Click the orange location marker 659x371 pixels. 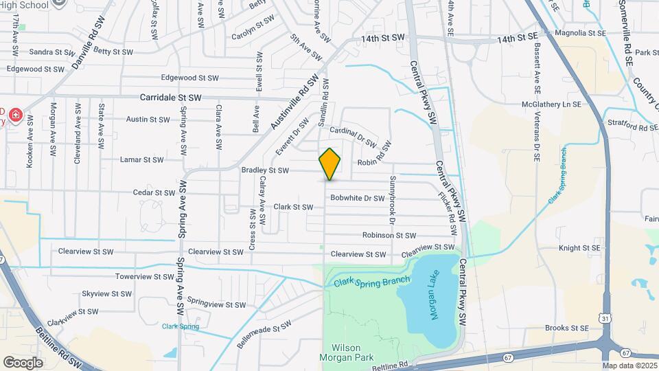coord(329,164)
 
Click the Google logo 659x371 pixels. coord(23,362)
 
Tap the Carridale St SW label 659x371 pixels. coord(171,98)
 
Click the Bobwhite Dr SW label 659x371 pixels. coord(357,198)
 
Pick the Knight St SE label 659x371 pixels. coord(579,248)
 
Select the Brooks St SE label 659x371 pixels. coord(567,328)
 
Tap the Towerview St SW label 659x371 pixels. coord(145,277)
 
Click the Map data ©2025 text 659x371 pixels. coord(630,366)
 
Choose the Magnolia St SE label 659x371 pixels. coord(580,32)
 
